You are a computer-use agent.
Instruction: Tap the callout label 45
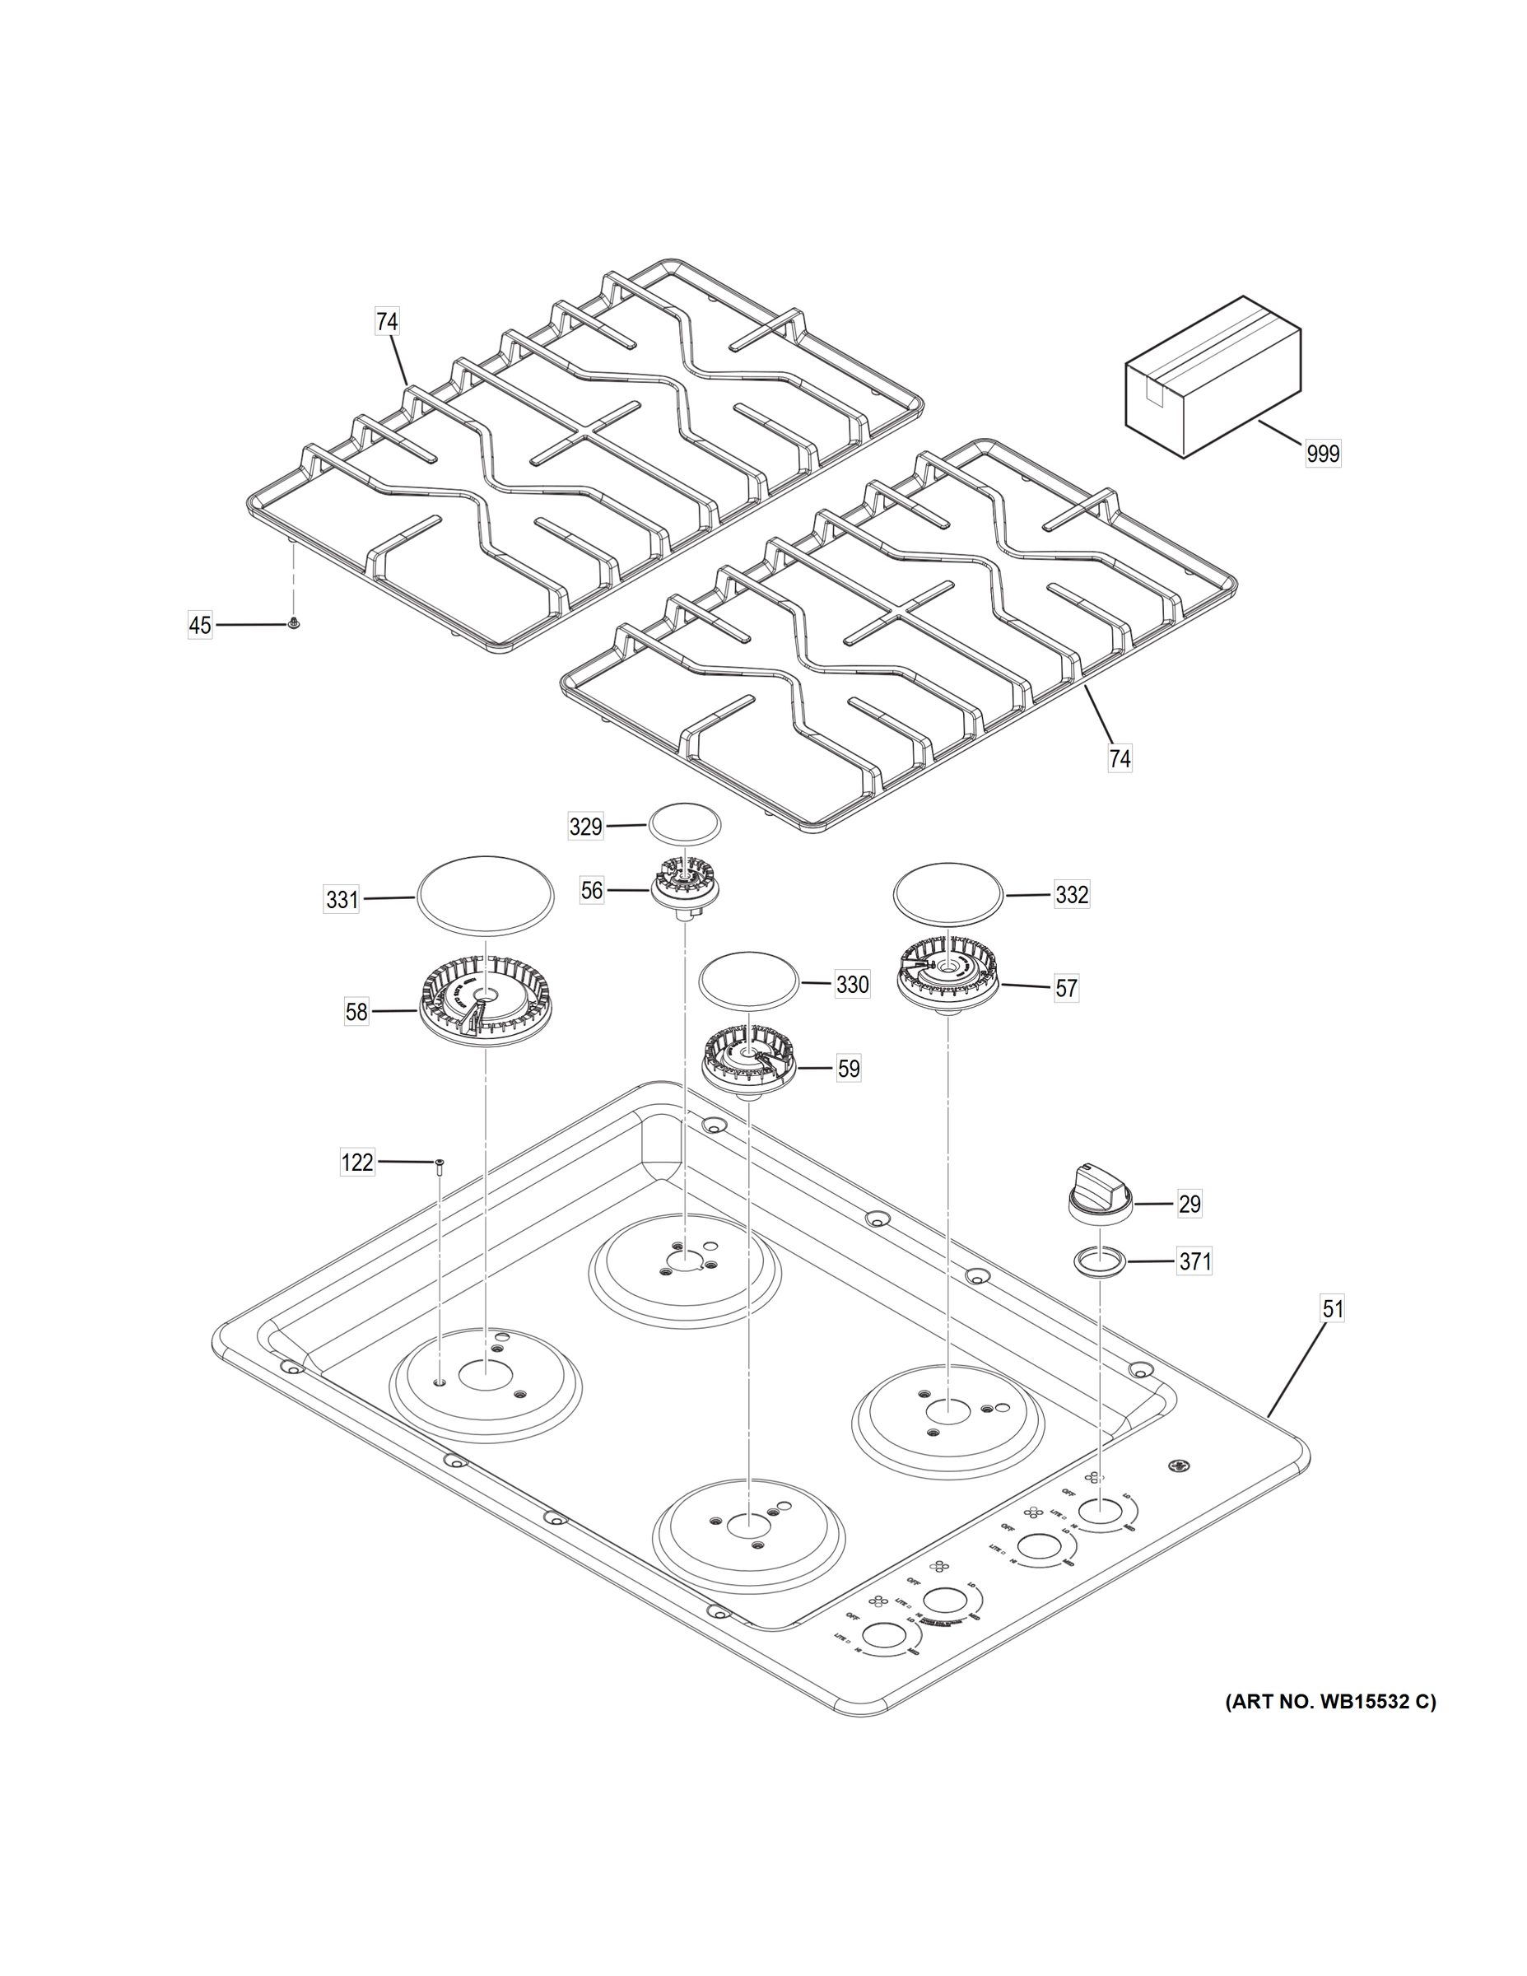click(200, 624)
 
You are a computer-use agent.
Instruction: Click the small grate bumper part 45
click(294, 622)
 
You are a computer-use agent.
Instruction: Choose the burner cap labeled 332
click(948, 894)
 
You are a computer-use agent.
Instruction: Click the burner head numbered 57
click(947, 977)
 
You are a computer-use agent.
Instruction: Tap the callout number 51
click(1334, 1309)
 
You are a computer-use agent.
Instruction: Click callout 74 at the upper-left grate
click(387, 322)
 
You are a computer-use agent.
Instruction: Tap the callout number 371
click(1194, 1261)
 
